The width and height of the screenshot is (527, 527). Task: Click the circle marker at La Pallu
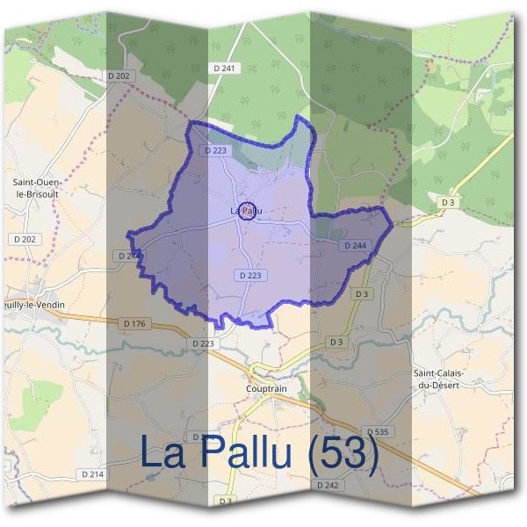(248, 211)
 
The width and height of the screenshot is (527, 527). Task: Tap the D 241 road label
(225, 68)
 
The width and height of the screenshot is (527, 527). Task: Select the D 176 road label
(134, 324)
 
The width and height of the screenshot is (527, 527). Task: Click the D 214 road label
(92, 474)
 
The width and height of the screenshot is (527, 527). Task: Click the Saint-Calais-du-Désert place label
(438, 379)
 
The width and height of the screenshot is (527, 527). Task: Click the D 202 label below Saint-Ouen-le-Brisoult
(24, 239)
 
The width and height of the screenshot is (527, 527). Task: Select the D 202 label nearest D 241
(119, 77)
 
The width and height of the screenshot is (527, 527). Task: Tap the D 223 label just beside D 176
(202, 343)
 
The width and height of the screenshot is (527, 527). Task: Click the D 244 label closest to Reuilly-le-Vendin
(128, 256)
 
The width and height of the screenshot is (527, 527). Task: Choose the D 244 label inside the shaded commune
(355, 245)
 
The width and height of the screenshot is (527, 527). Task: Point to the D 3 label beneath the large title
(226, 501)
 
